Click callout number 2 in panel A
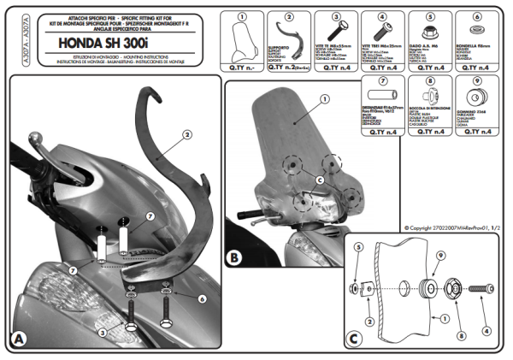(186, 133)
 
